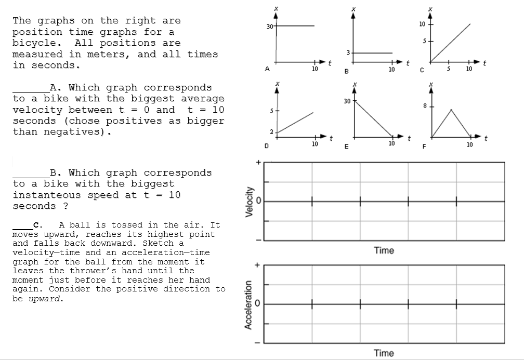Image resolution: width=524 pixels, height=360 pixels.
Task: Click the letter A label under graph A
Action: coord(267,68)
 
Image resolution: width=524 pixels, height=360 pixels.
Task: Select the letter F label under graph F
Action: coord(424,146)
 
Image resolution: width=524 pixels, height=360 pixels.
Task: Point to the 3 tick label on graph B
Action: coord(348,53)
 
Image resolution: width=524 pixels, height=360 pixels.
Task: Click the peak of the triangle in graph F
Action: coord(451,110)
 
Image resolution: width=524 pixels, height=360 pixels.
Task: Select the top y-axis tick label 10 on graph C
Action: coord(422,24)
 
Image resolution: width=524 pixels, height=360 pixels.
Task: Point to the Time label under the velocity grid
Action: coord(384,250)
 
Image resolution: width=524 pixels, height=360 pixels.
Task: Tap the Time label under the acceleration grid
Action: coord(384,353)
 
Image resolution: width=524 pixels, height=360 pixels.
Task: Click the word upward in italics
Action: coord(45,299)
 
